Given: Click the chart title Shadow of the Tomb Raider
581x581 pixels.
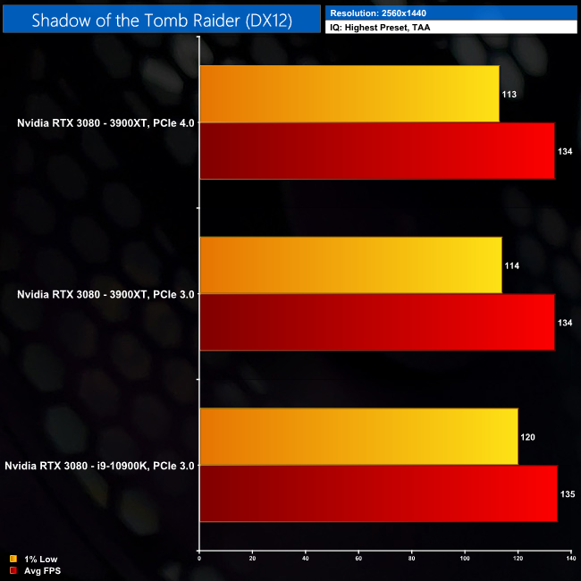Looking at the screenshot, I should (161, 21).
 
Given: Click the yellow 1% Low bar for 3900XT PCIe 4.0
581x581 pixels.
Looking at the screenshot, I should (349, 94).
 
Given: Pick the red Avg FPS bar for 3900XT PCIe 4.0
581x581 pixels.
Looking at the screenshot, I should (376, 151).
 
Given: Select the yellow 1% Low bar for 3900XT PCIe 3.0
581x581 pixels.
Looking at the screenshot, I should (350, 265).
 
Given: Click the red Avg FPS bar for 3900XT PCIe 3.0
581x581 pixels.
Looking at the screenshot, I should (376, 322).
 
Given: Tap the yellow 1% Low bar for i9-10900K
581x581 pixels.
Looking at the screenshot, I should (358, 437).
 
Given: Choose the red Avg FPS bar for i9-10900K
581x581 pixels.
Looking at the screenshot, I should (378, 493).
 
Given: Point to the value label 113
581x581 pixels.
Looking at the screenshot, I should (510, 94).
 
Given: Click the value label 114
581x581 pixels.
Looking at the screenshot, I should (513, 265).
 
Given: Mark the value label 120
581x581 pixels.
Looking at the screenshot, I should (529, 437).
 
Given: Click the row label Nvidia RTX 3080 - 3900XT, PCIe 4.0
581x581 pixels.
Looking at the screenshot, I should (99, 122).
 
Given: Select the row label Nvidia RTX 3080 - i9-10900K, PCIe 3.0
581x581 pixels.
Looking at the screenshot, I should (99, 466).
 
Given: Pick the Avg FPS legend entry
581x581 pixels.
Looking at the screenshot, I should (37, 570).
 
